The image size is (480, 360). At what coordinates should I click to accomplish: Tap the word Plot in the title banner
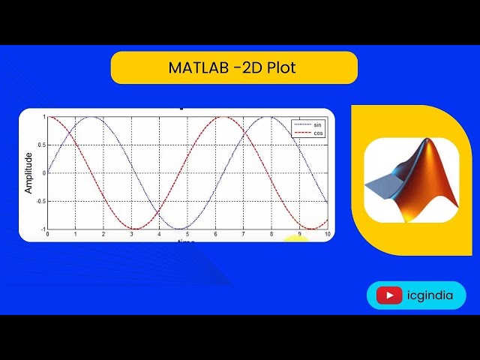point(281,68)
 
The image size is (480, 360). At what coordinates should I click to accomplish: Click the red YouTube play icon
point(389,295)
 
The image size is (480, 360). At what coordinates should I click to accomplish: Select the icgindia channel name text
point(430,295)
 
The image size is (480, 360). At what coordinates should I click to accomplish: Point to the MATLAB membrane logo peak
point(430,142)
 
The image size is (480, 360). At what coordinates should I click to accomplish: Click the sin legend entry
point(317,124)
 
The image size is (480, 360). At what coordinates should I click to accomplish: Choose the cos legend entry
point(317,132)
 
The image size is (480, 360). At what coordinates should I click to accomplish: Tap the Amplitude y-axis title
point(28,173)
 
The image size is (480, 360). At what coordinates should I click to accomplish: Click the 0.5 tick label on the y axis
point(42,145)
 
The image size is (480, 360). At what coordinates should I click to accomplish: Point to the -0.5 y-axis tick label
point(41,201)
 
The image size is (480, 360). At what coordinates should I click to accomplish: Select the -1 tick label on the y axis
point(43,229)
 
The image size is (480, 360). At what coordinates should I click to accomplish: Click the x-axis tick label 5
point(188,235)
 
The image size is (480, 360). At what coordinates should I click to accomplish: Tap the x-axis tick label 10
point(327,235)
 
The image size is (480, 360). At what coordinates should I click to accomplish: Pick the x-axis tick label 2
point(104,235)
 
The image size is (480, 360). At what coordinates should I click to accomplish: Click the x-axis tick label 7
point(244,235)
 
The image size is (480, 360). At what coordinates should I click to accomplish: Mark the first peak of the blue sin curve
point(91,117)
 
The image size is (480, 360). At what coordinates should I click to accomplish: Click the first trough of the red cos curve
point(135,229)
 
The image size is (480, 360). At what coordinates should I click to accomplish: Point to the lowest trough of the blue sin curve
point(179,229)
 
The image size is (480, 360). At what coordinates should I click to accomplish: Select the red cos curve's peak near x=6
point(223,117)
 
